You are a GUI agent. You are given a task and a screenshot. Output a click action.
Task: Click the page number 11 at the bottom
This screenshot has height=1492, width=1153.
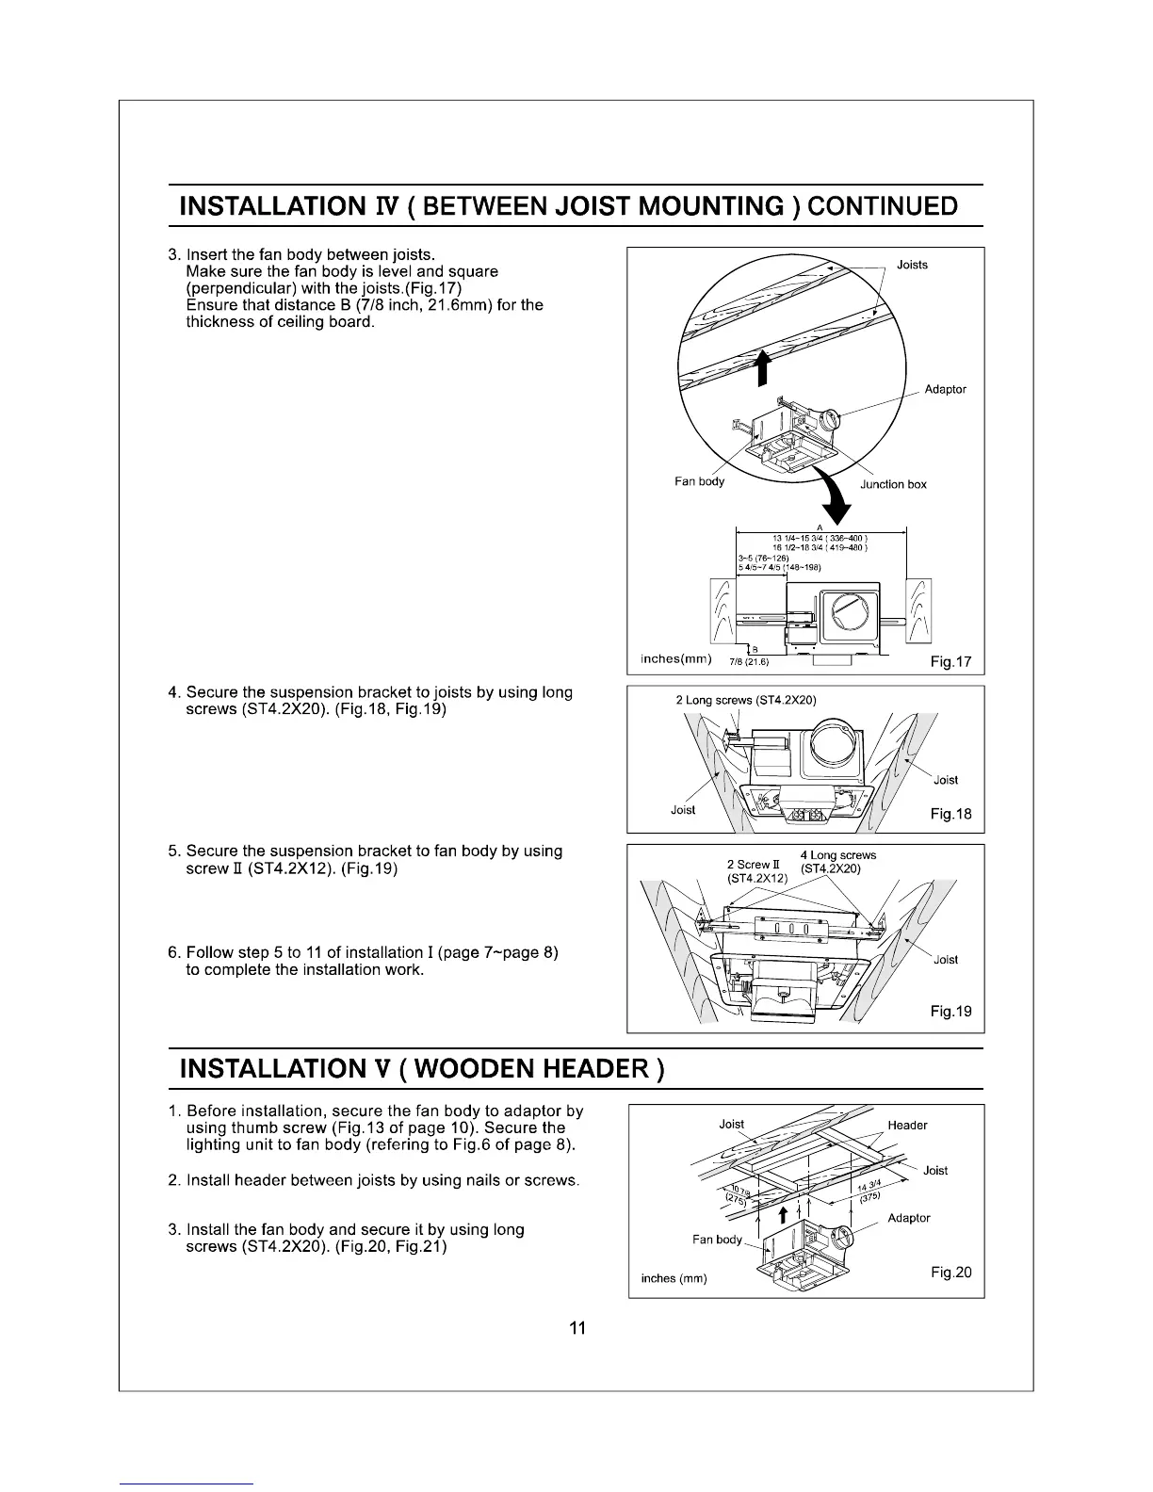pos(577,1328)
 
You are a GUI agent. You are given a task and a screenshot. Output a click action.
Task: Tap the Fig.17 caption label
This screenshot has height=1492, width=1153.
pos(950,662)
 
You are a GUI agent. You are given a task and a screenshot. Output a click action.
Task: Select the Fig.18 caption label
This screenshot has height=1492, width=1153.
pos(950,814)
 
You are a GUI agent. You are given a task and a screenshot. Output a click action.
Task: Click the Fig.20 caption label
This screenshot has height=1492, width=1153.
pos(950,1273)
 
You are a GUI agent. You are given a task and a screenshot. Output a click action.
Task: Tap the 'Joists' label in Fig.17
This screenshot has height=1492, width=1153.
pos(912,265)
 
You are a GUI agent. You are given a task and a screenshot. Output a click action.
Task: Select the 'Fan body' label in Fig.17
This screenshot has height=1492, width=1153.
pos(699,481)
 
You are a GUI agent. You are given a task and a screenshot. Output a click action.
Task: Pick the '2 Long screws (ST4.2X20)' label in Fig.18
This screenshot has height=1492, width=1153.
pos(746,700)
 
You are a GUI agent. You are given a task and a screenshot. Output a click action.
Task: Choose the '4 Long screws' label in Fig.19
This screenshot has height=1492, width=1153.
pos(837,855)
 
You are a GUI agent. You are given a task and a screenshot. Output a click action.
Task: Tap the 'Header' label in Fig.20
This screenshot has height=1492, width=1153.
pos(907,1125)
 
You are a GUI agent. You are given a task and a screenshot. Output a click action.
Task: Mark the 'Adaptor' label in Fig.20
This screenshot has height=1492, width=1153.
pos(908,1218)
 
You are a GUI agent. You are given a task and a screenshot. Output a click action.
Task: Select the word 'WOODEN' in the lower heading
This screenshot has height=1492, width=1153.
pos(475,1069)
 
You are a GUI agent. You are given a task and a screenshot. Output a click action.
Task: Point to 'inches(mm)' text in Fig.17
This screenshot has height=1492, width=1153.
pos(675,657)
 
